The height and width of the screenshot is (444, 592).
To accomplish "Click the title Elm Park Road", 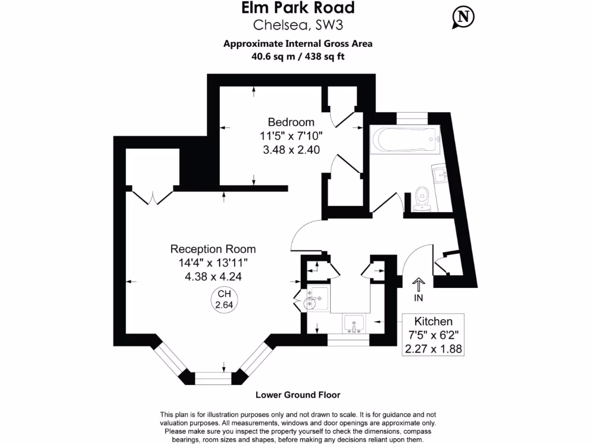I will coord(297,8).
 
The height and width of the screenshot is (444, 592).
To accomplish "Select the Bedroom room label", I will coord(291,123).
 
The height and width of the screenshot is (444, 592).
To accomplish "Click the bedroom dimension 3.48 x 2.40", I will coord(291,149).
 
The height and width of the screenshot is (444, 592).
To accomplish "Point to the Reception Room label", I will coord(213,249).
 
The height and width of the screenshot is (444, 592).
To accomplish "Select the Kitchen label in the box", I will coord(433,321).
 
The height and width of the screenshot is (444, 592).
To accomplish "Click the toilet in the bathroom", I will coord(421,197).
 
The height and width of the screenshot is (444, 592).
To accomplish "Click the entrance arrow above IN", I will coord(418,284).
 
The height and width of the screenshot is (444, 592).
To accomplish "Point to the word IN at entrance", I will coord(419,298).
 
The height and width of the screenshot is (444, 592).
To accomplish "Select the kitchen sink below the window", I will coord(353,324).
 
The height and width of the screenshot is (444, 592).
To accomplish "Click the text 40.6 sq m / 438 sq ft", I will coord(297,57).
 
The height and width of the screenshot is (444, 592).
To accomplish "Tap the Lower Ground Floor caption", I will coord(298,395).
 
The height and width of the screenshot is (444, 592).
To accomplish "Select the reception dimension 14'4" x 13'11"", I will coord(213,263).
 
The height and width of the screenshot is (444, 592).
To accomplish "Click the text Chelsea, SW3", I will coord(298,25).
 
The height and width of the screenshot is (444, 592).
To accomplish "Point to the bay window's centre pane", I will coord(213,378).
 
